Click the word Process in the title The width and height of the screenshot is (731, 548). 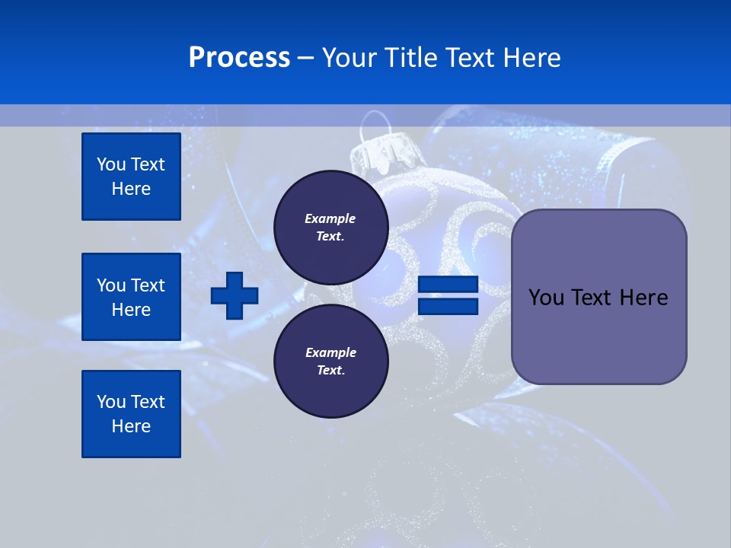pyautogui.click(x=239, y=58)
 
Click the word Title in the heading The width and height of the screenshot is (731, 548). pyautogui.click(x=414, y=58)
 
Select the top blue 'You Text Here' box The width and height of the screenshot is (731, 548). pyautogui.click(x=131, y=177)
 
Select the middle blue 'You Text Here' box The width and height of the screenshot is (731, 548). pyautogui.click(x=131, y=297)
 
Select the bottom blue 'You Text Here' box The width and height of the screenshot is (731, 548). pyautogui.click(x=131, y=414)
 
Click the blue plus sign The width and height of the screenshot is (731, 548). pyautogui.click(x=235, y=295)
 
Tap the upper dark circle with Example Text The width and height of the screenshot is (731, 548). pyautogui.click(x=330, y=228)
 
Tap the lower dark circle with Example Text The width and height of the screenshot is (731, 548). pyautogui.click(x=330, y=362)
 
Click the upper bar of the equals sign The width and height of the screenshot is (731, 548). pyautogui.click(x=448, y=285)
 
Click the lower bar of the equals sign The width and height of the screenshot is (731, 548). pyautogui.click(x=448, y=307)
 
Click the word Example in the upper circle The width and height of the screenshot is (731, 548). pyautogui.click(x=330, y=219)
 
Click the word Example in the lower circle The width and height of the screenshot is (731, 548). pyautogui.click(x=330, y=353)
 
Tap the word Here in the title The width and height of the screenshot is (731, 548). pyautogui.click(x=532, y=58)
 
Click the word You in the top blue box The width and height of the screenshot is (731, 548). pyautogui.click(x=111, y=164)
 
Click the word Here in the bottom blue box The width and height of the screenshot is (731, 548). pyautogui.click(x=131, y=426)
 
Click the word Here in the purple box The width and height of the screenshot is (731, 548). pyautogui.click(x=643, y=298)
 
